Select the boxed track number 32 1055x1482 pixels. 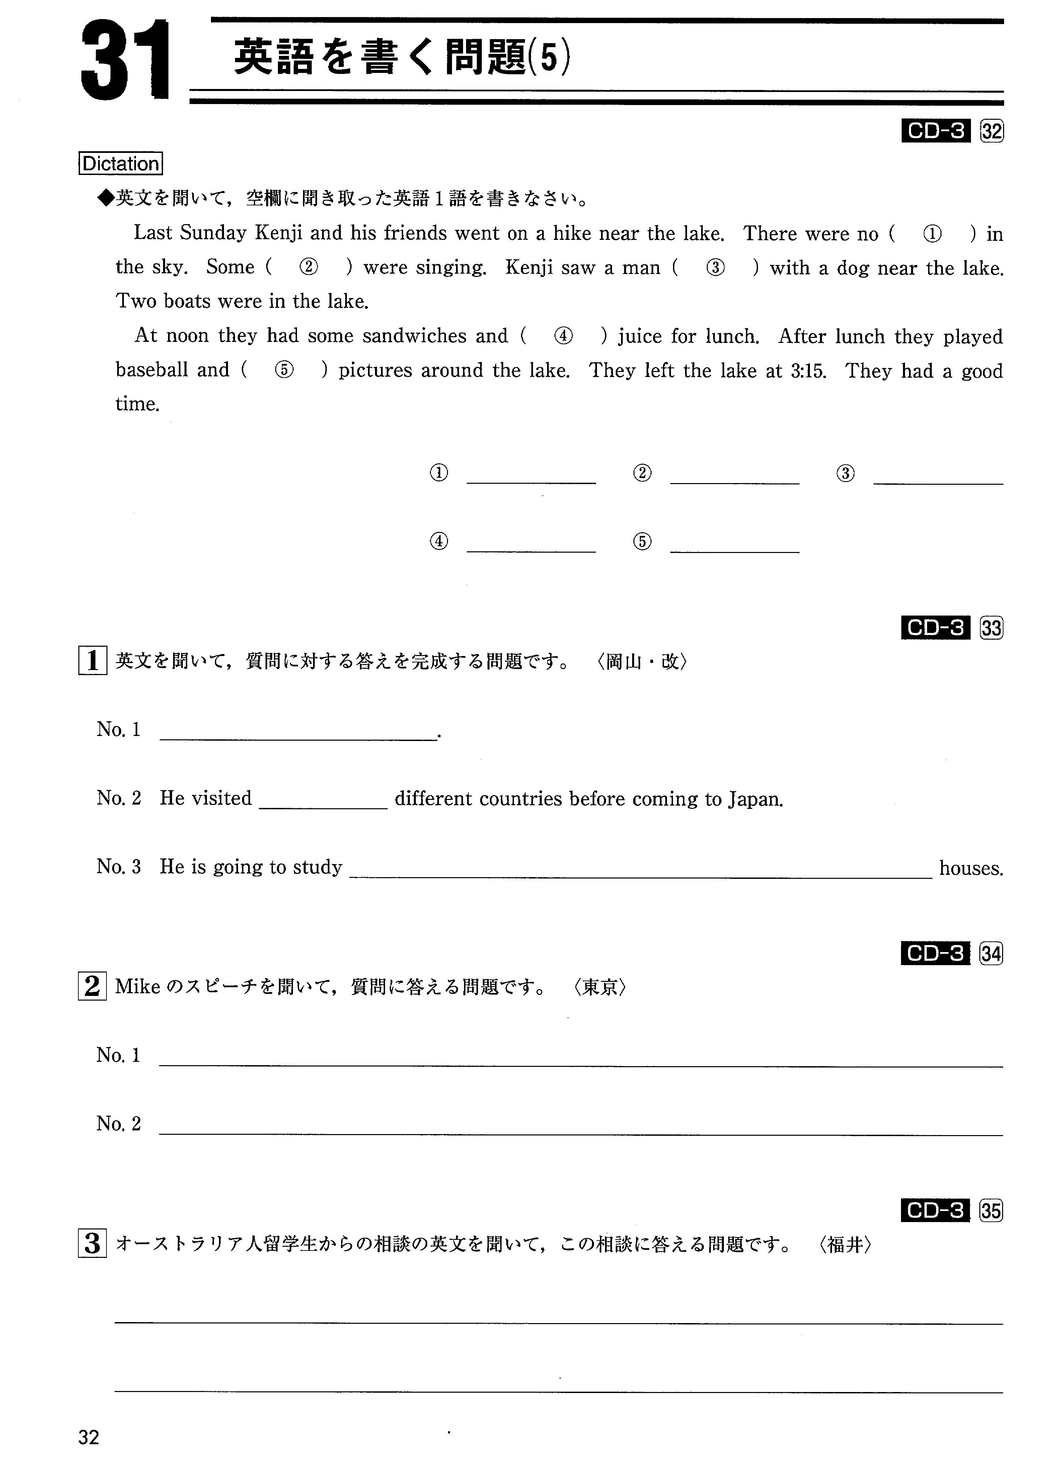(x=991, y=132)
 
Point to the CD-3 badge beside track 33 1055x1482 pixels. (x=935, y=628)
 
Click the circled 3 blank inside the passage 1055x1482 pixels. (x=715, y=267)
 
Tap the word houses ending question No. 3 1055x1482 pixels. (x=971, y=868)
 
